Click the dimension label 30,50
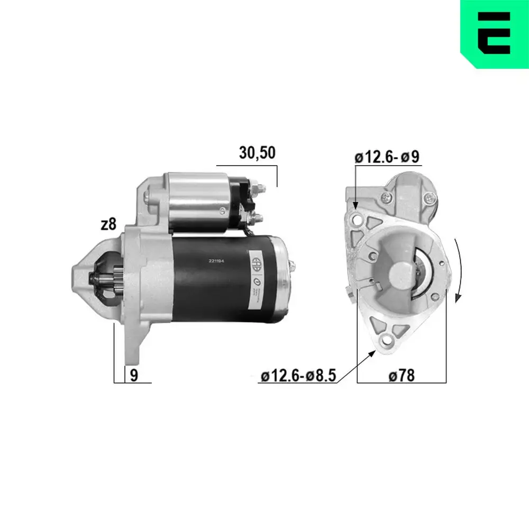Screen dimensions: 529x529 pyautogui.click(x=257, y=153)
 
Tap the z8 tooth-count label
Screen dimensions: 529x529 pyautogui.click(x=108, y=224)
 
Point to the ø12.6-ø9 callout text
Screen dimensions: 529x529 pyautogui.click(x=387, y=157)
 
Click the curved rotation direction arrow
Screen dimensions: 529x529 pyautogui.click(x=459, y=270)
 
